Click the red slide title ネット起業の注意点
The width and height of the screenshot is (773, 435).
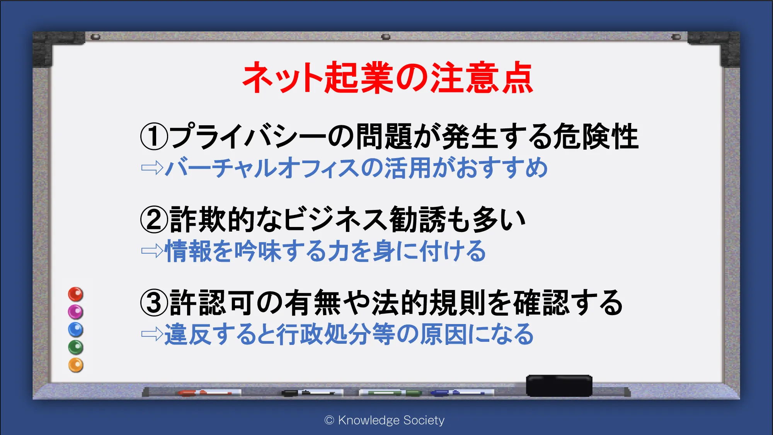(388, 78)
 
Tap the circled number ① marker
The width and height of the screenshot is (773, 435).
(154, 136)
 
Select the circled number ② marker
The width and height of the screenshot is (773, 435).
(154, 219)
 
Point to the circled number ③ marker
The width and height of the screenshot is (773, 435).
(154, 303)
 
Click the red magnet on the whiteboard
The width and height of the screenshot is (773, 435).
(76, 294)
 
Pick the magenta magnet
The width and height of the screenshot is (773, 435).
(76, 312)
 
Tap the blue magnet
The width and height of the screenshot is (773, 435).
(76, 329)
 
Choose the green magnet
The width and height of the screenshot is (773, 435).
(76, 347)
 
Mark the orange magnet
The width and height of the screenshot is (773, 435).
(76, 365)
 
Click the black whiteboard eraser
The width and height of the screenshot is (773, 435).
(559, 386)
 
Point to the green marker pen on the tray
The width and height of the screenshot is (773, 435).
(390, 393)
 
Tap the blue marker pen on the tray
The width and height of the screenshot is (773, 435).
(462, 393)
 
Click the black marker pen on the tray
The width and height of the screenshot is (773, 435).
(312, 393)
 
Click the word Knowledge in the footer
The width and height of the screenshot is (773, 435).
(369, 420)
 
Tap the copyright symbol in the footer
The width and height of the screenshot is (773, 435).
(329, 420)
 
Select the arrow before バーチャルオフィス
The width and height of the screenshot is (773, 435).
(152, 168)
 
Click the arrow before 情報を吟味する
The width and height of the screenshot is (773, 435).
(152, 251)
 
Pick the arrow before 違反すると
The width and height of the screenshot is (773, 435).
(152, 334)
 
